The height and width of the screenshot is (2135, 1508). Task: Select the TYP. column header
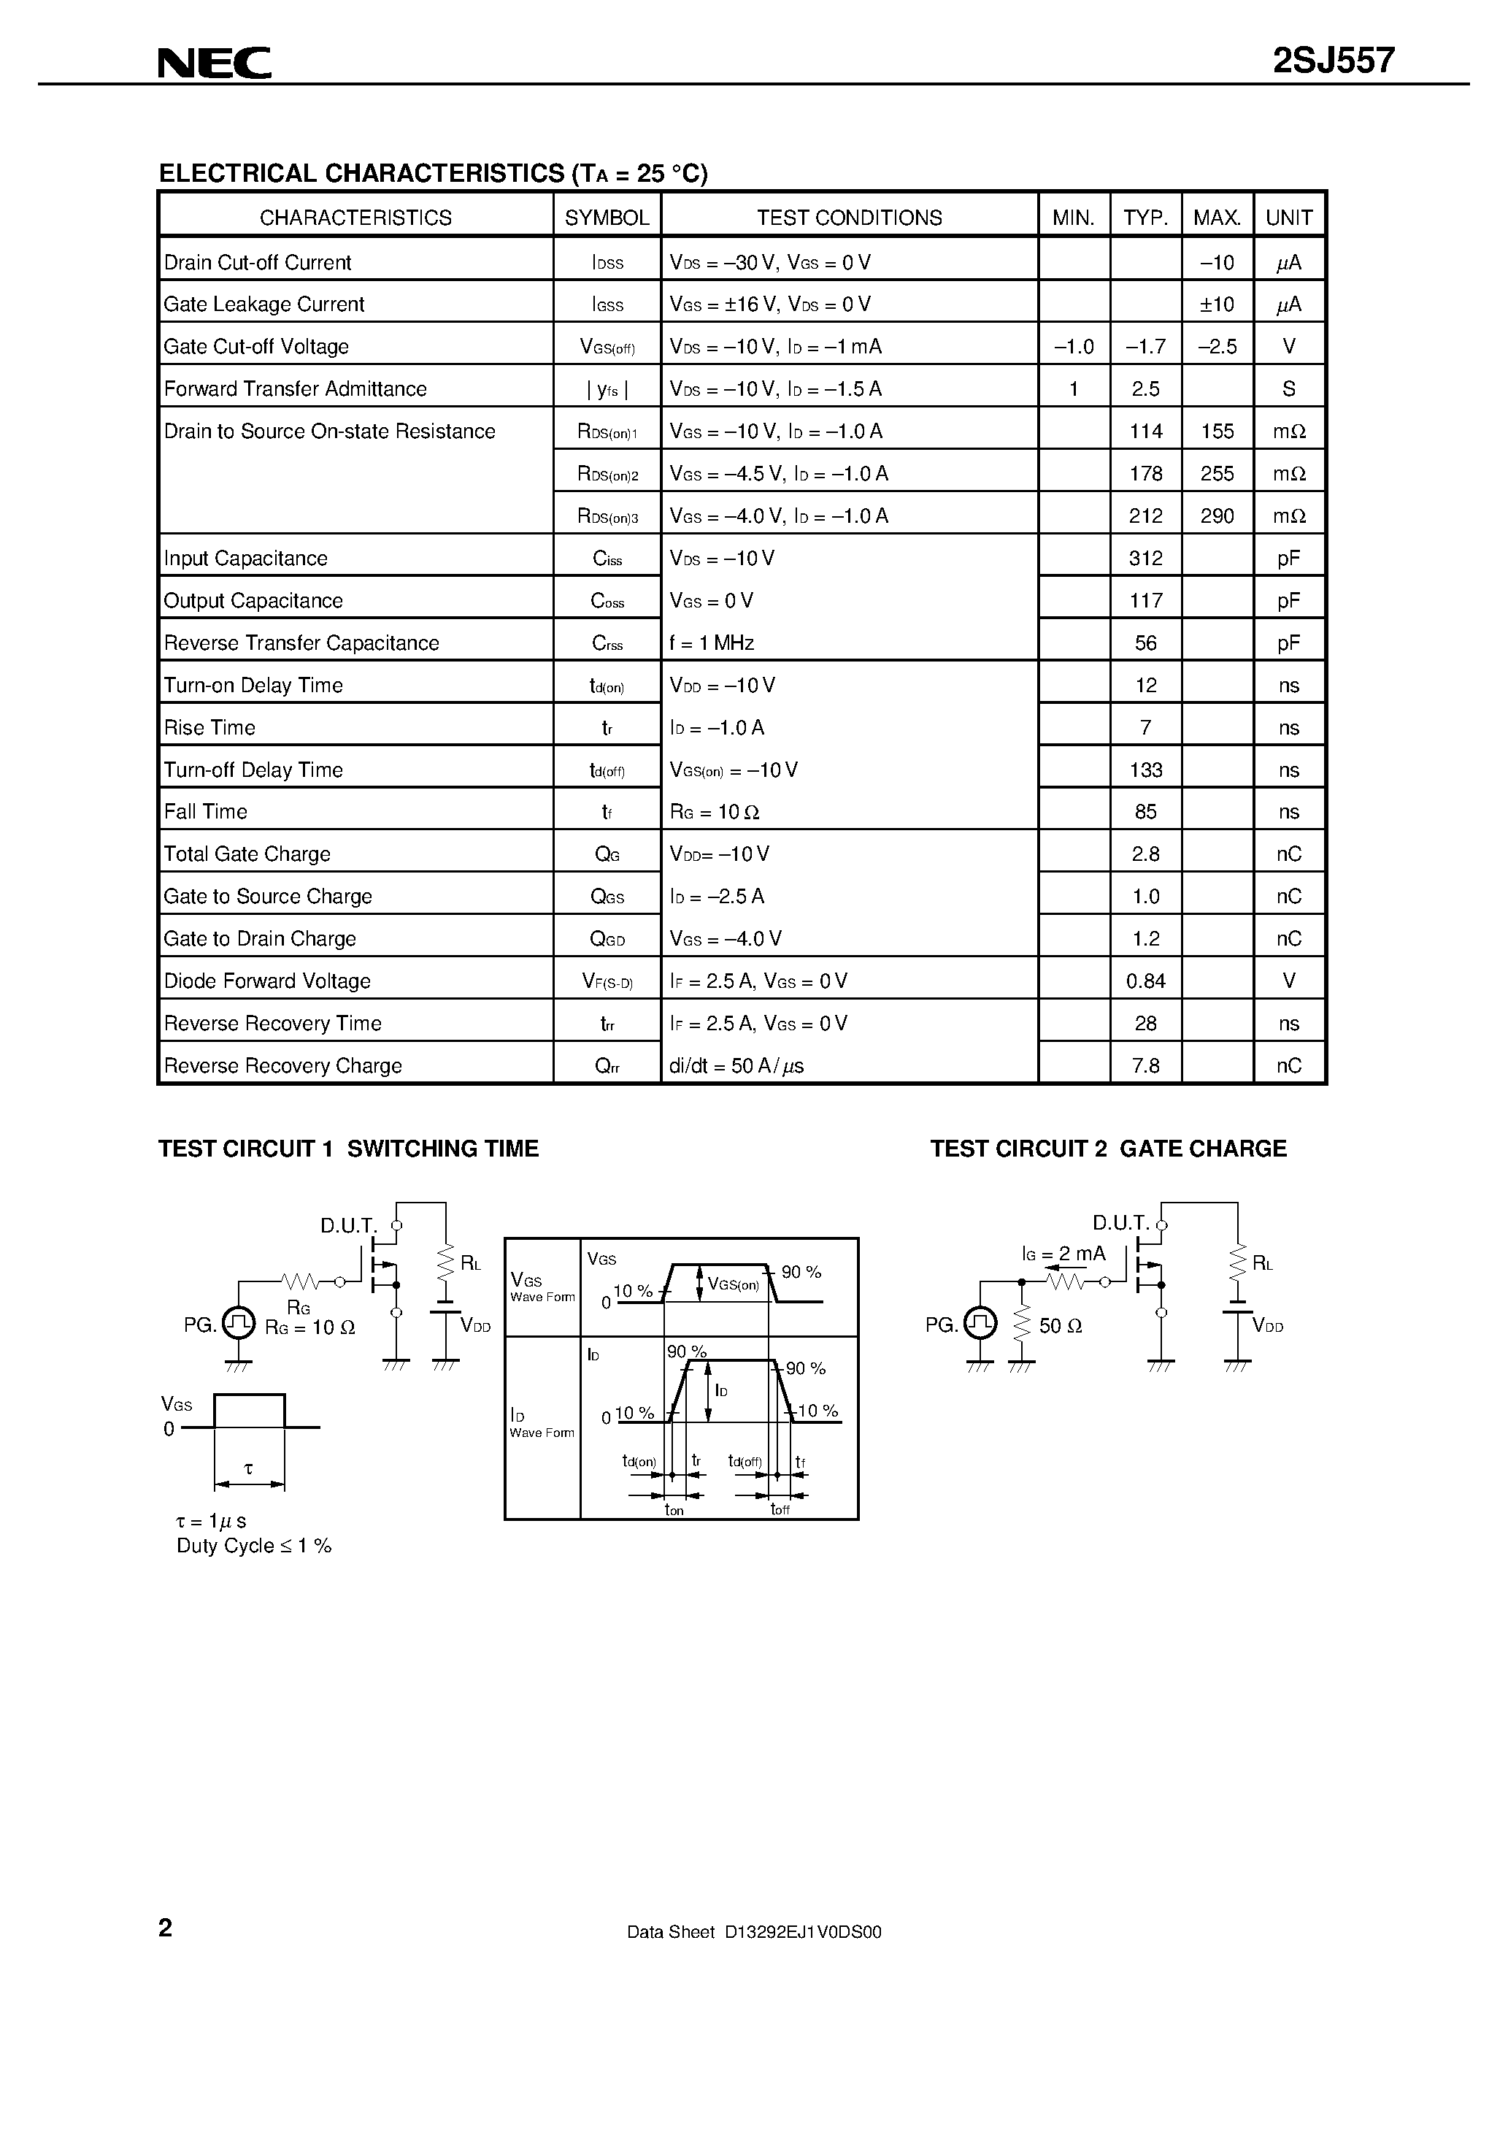coord(1145,218)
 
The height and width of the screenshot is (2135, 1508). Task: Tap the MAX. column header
coord(1217,218)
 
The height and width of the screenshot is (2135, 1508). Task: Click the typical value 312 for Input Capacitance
coord(1145,558)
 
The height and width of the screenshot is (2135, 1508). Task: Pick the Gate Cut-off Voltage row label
coord(257,347)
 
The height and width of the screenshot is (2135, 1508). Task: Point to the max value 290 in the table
coord(1217,516)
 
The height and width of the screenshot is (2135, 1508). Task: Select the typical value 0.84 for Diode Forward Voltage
coord(1145,981)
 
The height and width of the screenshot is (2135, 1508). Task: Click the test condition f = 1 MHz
coord(711,643)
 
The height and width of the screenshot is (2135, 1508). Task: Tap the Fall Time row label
coord(205,812)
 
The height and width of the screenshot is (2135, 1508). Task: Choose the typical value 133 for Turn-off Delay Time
coord(1145,770)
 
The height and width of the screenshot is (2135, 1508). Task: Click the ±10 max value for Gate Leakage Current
coord(1217,304)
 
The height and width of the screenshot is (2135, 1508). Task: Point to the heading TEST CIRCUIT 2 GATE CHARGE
coord(1108,1149)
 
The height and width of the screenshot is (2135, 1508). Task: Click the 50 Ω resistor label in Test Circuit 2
coord(1060,1326)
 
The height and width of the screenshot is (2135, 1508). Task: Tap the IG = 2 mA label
coord(1063,1254)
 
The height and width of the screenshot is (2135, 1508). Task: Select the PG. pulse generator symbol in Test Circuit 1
coord(239,1323)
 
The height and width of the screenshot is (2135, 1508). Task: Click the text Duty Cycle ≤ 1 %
coord(254,1546)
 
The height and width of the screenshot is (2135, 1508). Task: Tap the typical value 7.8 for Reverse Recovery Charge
coord(1145,1065)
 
